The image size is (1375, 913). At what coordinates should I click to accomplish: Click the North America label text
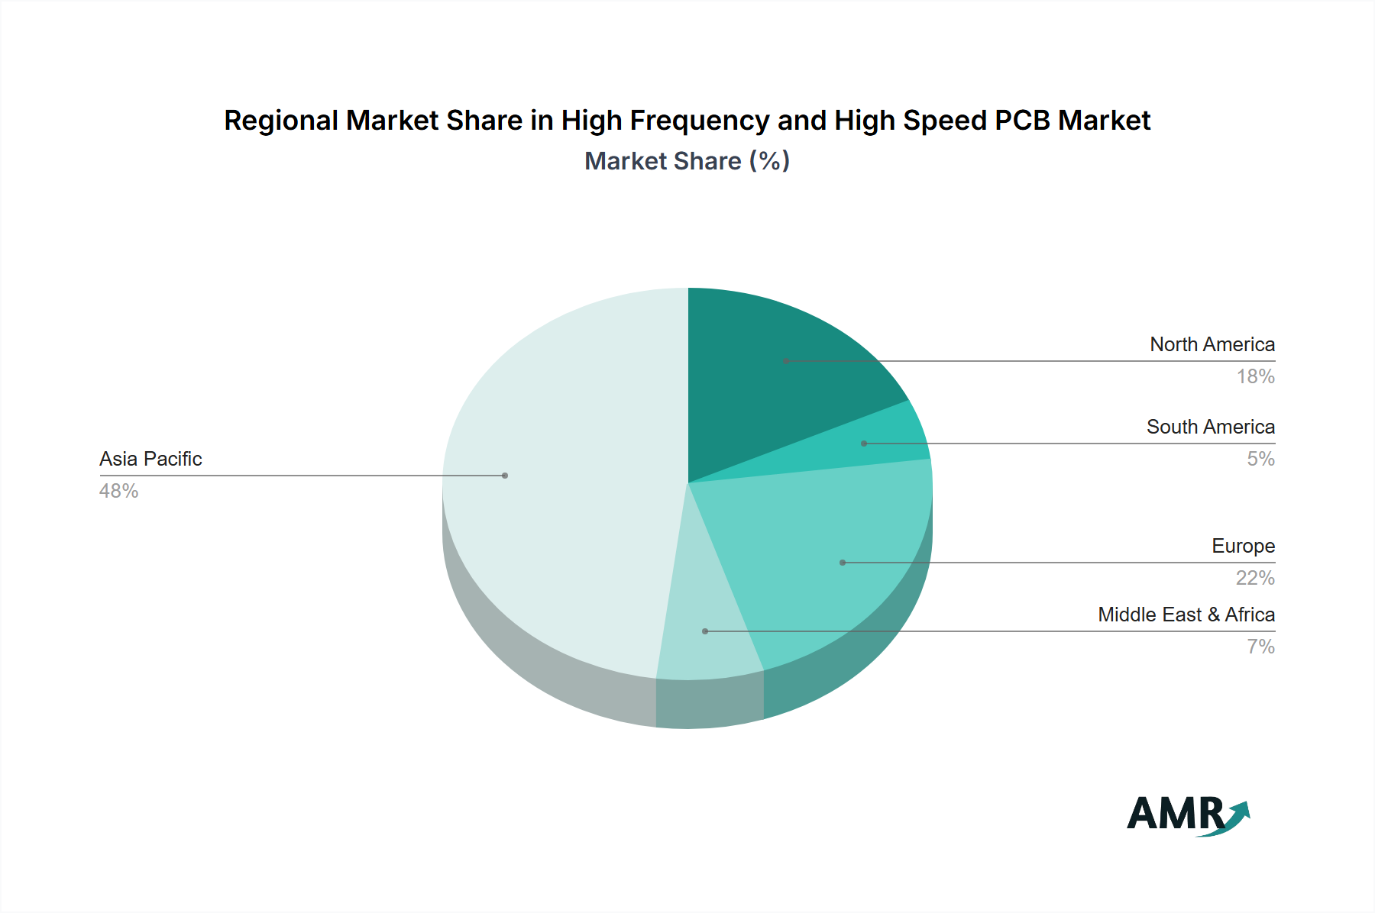click(1212, 344)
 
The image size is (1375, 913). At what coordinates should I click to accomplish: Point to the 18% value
click(1255, 376)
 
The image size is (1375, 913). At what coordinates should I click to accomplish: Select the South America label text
click(1210, 427)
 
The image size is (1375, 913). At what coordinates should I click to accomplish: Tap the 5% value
click(1260, 459)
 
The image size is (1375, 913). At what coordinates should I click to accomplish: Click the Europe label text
click(1243, 546)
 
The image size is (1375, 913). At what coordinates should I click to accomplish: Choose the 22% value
click(1255, 578)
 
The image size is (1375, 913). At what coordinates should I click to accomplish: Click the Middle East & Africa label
click(1186, 615)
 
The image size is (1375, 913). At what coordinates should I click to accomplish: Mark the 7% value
click(1260, 647)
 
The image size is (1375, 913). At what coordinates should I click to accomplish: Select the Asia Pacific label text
click(150, 459)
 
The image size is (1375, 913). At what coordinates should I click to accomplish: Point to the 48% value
click(118, 491)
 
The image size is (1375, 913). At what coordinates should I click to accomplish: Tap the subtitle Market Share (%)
click(687, 161)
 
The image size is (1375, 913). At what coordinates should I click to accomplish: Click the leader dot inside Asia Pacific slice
click(505, 476)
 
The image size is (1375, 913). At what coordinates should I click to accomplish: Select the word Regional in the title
click(280, 121)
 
